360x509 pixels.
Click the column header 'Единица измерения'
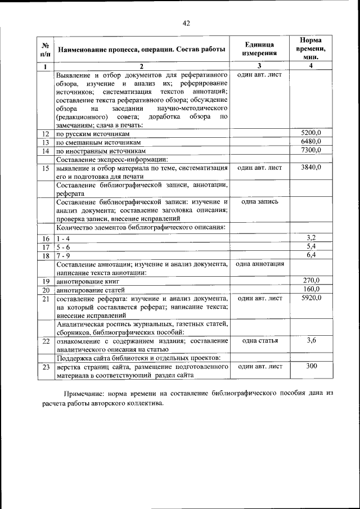[259, 49]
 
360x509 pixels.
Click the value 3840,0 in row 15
[310, 168]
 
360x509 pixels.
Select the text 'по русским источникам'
[93, 134]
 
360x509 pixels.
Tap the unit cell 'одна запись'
[259, 201]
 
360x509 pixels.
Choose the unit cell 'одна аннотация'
[259, 263]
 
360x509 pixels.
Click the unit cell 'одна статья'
[259, 341]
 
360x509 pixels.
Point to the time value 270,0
[311, 280]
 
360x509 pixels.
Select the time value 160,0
[311, 289]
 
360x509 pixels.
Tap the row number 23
[46, 367]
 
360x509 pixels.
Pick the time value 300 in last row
[310, 366]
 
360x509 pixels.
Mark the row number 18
[46, 255]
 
